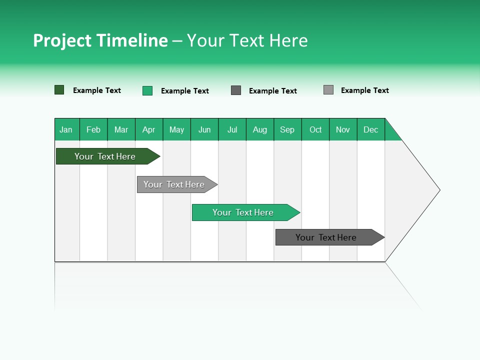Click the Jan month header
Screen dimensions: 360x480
click(x=66, y=129)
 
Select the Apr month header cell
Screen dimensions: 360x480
click(x=149, y=129)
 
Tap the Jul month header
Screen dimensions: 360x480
click(x=232, y=129)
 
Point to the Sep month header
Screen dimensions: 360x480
click(x=287, y=129)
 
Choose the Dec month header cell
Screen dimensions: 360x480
click(x=370, y=129)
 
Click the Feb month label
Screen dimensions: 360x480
click(x=93, y=129)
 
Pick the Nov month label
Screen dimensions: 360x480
click(x=343, y=129)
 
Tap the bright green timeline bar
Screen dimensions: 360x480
click(x=243, y=212)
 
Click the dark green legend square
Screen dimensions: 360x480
click(x=59, y=90)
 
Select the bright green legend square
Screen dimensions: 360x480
click(x=147, y=90)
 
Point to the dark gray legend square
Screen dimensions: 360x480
click(x=236, y=90)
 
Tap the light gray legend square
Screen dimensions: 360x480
click(x=328, y=90)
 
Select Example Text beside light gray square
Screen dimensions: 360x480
click(x=364, y=90)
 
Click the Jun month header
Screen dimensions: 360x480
click(x=204, y=129)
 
